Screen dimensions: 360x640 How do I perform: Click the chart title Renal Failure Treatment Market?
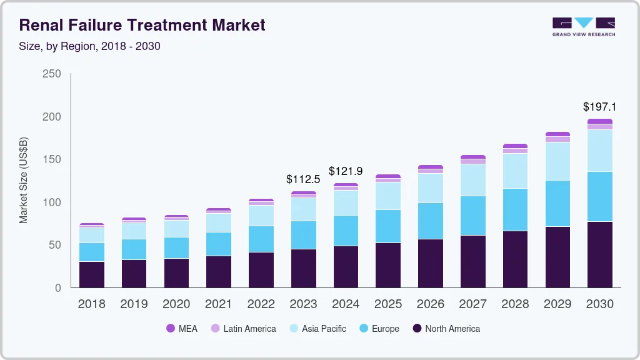[142, 25]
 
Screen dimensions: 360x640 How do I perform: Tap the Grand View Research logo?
[583, 27]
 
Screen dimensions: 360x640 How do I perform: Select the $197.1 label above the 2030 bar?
[599, 107]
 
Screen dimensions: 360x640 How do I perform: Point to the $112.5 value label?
[303, 179]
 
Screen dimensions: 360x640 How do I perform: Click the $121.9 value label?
[346, 171]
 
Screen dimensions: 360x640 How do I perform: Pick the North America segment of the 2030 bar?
[599, 254]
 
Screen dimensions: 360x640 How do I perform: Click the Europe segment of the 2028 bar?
[515, 209]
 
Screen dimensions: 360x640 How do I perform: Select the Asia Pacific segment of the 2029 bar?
[557, 161]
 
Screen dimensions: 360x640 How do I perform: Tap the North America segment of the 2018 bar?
[92, 274]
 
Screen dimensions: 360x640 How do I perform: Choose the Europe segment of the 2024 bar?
[346, 231]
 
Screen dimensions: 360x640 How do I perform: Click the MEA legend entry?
[181, 328]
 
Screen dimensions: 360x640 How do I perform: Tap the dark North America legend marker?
[417, 328]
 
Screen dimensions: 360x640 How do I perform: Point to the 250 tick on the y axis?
[52, 74]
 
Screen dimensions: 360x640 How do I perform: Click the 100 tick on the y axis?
[52, 202]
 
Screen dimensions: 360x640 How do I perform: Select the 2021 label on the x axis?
[219, 304]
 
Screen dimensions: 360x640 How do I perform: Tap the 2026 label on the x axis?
[430, 304]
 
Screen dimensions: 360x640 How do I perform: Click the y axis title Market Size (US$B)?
[24, 180]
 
